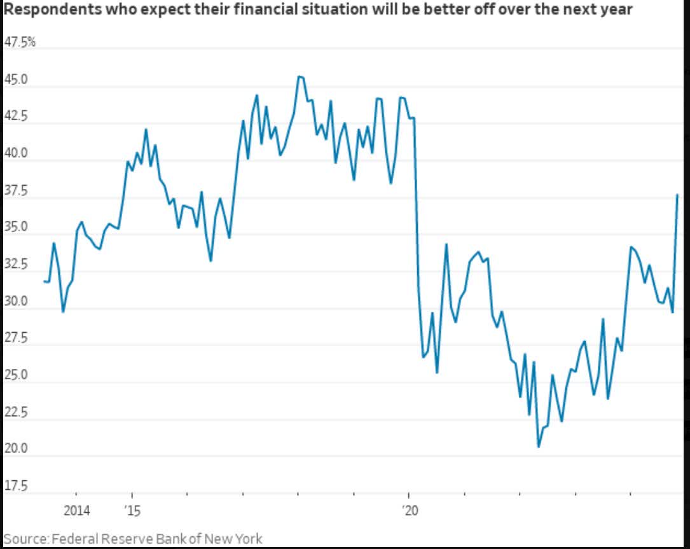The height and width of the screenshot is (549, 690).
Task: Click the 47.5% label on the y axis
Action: (20, 43)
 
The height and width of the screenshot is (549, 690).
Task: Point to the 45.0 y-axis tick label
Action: (16, 80)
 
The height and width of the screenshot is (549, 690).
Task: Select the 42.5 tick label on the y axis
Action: (16, 116)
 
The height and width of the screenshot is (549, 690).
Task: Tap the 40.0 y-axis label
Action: (16, 153)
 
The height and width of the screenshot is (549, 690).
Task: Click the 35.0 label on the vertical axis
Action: (16, 227)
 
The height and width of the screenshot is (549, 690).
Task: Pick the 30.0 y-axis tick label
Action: (16, 301)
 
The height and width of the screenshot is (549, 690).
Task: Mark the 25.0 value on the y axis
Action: (16, 375)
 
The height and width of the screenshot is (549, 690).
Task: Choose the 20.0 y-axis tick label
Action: (16, 448)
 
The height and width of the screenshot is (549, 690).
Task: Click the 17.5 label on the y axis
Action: (16, 486)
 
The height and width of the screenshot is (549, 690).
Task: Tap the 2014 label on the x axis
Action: (76, 510)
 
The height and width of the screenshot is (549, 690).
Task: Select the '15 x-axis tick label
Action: (132, 510)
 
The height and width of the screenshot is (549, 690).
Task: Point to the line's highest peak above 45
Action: (299, 76)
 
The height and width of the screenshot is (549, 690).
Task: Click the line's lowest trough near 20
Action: (539, 447)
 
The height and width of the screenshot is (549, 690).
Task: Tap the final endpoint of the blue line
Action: (677, 195)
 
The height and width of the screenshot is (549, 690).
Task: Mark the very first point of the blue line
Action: (43, 281)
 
